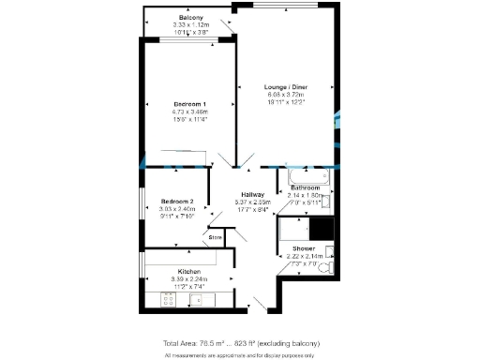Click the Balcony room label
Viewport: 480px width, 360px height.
189,18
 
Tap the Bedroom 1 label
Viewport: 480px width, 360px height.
189,103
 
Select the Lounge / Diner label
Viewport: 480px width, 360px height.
285,87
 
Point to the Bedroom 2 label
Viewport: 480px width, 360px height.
176,202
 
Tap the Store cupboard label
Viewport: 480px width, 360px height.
215,238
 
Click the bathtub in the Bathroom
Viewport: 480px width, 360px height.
302,175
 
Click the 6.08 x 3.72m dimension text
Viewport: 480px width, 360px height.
285,95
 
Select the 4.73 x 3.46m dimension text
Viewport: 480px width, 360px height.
189,112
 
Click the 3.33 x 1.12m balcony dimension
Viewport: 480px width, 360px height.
189,25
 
